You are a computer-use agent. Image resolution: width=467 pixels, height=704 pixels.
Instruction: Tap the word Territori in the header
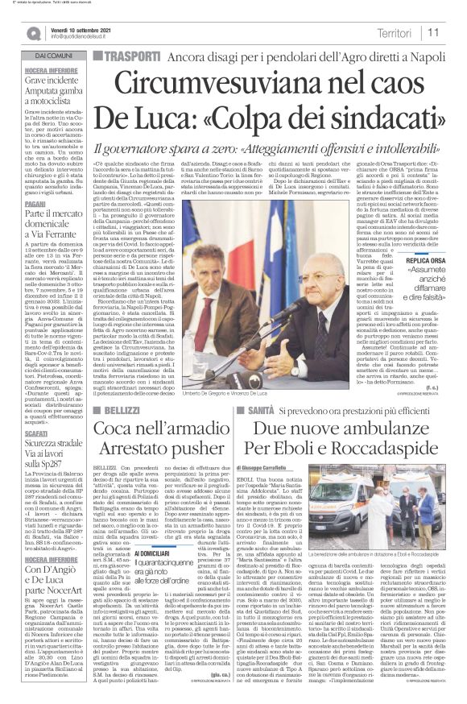tap(396, 32)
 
